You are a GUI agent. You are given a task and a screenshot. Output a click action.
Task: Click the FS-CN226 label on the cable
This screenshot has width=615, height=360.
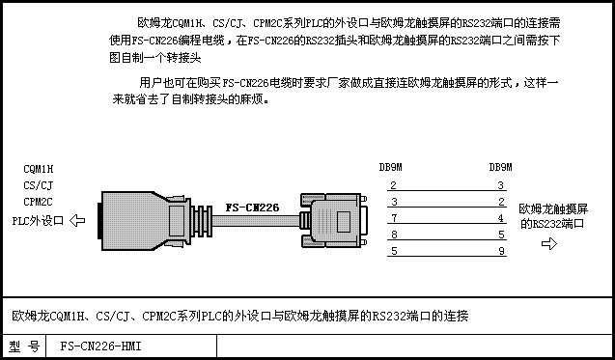252,208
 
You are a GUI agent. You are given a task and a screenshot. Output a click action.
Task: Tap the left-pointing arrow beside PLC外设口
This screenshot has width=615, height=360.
77,220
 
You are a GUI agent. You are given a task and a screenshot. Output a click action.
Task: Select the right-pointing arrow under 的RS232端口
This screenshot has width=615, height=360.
549,243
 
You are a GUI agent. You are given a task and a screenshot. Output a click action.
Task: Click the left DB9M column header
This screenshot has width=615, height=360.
391,167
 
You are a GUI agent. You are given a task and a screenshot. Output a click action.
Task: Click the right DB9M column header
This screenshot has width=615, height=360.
500,167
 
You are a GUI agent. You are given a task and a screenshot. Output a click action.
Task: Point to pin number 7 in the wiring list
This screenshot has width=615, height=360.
394,218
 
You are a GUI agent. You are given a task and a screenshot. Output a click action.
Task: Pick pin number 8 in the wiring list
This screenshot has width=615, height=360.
394,235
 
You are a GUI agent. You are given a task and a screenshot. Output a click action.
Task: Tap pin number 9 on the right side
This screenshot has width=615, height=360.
501,251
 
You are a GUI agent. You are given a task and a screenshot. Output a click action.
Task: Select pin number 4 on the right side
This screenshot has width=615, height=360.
501,218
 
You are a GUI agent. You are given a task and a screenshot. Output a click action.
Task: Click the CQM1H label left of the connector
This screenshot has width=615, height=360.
38,169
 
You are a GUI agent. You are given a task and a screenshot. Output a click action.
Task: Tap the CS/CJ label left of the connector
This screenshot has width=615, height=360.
38,185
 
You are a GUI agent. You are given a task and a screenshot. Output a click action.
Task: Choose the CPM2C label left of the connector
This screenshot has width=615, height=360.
38,202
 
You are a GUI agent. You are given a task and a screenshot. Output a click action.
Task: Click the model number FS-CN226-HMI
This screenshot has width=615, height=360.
100,346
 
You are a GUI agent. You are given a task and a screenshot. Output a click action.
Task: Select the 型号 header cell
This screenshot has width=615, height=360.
24,346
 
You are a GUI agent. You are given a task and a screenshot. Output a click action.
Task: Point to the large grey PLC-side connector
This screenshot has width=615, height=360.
143,221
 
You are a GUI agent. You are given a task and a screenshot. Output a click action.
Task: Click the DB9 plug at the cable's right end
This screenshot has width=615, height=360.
334,220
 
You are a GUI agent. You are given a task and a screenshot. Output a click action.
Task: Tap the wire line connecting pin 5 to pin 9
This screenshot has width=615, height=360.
447,256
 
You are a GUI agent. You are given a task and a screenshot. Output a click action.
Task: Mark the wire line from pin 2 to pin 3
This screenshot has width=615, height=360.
447,190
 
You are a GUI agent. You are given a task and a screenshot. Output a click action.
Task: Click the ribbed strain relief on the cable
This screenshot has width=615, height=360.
202,221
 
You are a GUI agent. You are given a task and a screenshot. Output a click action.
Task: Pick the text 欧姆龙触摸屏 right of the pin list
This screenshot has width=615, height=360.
553,209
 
